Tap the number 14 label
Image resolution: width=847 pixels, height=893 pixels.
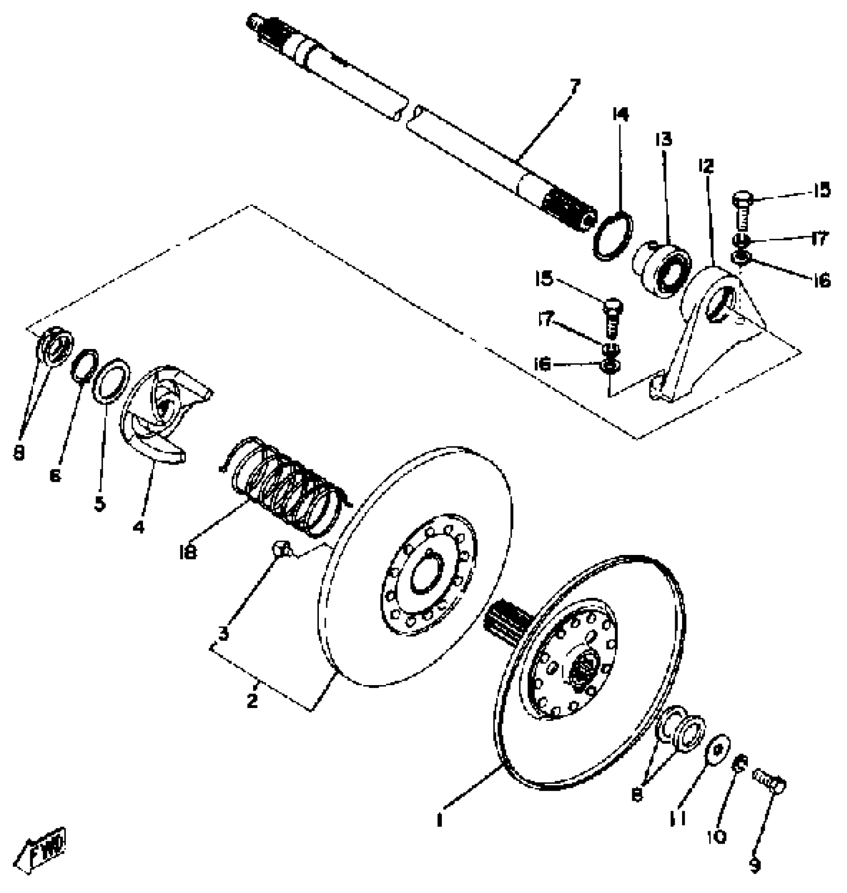620,115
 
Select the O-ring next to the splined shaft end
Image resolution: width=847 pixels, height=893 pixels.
613,235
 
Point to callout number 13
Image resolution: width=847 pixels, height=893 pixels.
663,139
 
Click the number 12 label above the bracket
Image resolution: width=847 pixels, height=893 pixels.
706,166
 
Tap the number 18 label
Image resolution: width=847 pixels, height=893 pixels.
188,552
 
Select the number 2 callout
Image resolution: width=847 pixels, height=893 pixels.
252,701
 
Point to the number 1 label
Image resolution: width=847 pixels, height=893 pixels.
439,820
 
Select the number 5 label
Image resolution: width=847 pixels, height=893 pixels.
100,504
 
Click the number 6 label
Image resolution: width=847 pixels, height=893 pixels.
55,476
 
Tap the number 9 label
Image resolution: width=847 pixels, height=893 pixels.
755,866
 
